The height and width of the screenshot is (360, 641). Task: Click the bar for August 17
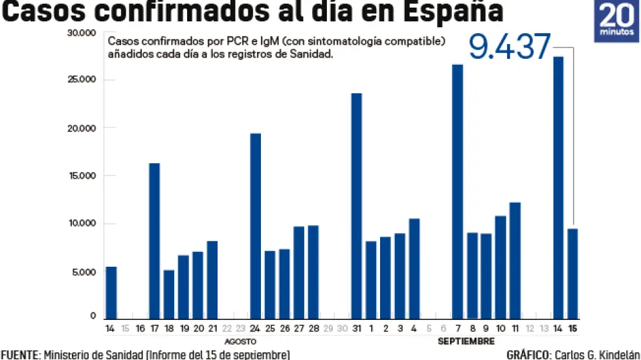(x=154, y=241)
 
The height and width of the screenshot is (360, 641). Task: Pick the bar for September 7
(x=457, y=192)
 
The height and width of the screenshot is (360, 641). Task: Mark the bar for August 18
(x=168, y=294)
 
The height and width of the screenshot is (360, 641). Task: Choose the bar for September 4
(x=414, y=269)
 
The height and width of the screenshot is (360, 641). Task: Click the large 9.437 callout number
(x=510, y=47)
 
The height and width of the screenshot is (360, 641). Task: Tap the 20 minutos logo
(x=616, y=21)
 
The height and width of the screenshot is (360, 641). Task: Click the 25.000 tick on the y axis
(x=84, y=80)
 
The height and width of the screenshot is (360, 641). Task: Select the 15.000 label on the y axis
(x=84, y=175)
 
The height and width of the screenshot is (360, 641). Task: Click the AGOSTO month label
(x=241, y=341)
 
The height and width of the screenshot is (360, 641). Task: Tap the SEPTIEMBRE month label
(x=466, y=341)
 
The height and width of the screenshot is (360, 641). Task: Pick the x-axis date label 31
(x=356, y=329)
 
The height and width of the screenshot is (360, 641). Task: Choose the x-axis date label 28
(x=313, y=329)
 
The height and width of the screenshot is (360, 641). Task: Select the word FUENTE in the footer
(x=19, y=354)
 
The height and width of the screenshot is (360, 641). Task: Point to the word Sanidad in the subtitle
(x=311, y=55)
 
